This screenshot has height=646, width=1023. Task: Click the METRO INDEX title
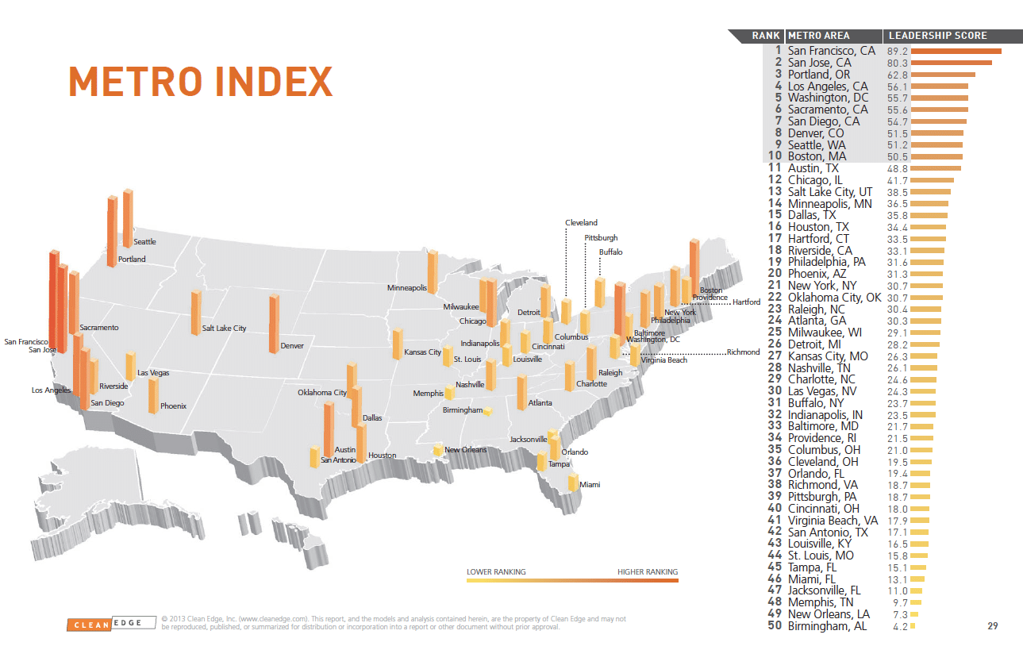click(x=200, y=83)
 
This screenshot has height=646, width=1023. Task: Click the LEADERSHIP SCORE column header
click(x=937, y=36)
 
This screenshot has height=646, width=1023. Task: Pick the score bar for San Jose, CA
click(x=951, y=63)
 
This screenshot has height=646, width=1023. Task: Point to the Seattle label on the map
click(x=144, y=242)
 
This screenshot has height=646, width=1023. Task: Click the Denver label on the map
click(x=292, y=346)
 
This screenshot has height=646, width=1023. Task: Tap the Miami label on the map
click(x=590, y=484)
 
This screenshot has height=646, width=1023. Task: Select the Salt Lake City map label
click(x=224, y=329)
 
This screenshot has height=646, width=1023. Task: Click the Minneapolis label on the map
click(x=407, y=288)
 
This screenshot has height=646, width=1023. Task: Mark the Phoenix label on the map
click(x=173, y=406)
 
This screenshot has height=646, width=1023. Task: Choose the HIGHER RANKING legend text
click(x=648, y=572)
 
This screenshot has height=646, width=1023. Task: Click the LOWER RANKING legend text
click(x=496, y=572)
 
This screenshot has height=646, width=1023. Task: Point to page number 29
click(x=992, y=626)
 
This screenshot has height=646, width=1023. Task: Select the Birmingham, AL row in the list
click(x=827, y=626)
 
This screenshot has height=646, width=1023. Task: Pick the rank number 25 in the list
click(x=775, y=333)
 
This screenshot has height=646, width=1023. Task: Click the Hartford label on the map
click(x=746, y=302)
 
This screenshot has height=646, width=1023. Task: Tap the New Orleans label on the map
click(x=465, y=450)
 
